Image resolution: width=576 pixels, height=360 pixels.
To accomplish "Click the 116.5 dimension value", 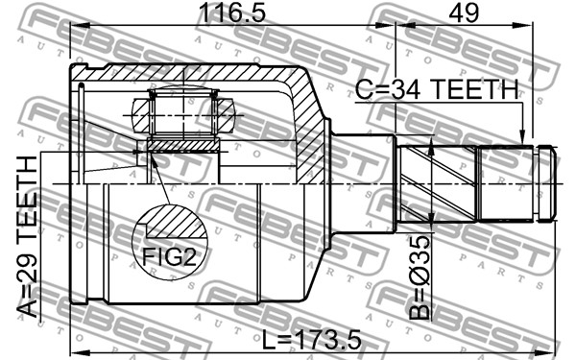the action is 231,12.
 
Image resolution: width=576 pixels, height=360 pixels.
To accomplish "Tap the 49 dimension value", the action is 464,12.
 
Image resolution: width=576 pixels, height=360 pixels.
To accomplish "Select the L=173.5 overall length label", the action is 311,340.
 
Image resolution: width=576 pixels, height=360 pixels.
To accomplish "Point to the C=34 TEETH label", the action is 437,89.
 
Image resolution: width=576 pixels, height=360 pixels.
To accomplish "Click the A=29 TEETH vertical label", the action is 28,237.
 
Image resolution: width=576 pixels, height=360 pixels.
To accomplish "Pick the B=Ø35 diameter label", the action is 420,277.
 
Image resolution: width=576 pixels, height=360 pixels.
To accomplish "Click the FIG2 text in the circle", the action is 169,256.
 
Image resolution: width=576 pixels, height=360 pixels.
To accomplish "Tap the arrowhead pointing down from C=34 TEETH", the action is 522,137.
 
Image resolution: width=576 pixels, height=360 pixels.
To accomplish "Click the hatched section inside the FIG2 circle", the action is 176,222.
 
